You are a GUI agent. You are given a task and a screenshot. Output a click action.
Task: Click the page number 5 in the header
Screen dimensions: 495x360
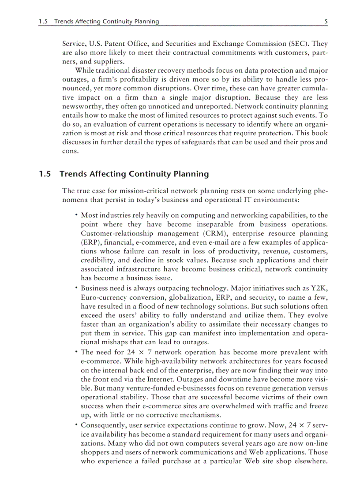point(326,21)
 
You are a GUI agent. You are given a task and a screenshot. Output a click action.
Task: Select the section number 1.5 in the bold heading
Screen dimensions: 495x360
point(45,174)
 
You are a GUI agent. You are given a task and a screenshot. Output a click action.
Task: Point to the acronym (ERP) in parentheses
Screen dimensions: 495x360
point(90,242)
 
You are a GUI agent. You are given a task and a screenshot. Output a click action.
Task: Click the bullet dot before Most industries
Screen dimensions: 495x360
point(76,215)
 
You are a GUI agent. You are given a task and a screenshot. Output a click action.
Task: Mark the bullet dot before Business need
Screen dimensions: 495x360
point(76,288)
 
